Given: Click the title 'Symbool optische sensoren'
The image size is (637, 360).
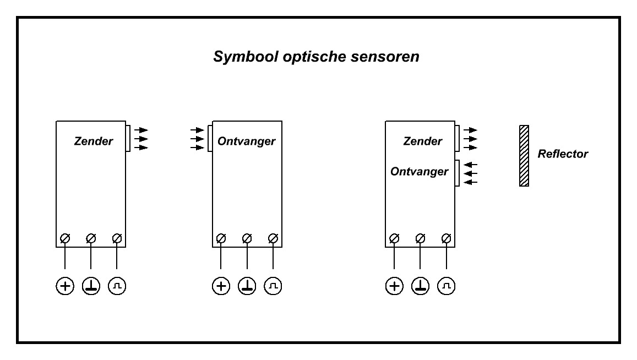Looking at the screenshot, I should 317,57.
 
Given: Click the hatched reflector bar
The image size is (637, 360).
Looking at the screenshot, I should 524,156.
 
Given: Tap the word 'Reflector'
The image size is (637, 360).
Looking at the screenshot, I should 563,154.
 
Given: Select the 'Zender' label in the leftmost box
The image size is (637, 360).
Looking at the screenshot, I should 93,141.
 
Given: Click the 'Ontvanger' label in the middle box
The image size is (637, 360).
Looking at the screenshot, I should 247,141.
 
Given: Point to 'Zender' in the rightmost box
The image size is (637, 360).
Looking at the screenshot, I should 422,141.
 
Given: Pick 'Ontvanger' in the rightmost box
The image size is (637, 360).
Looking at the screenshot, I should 420,172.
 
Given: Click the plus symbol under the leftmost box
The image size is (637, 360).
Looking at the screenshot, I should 65,286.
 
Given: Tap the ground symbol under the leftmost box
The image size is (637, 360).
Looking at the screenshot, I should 91,286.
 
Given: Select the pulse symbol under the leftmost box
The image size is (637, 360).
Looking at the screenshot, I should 117,286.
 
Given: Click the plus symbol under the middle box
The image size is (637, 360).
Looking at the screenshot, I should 221,286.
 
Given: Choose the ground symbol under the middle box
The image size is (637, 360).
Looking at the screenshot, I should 247,286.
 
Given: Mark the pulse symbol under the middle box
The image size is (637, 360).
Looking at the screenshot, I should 273,286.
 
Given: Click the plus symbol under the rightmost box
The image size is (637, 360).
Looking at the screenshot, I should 394,286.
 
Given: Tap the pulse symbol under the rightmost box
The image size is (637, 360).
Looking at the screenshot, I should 447,286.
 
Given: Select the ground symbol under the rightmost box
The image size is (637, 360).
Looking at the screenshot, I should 420,286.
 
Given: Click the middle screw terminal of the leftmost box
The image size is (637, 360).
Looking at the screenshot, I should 91,238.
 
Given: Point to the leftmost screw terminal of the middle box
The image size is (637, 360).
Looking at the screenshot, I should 221,238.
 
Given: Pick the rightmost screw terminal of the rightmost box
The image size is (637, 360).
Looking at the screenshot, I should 447,238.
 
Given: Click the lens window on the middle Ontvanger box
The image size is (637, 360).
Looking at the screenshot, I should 210,138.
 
